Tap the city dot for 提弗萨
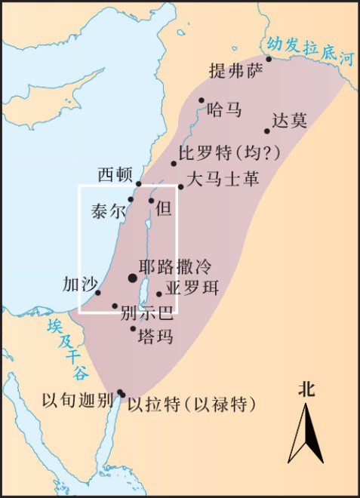tap(269, 59)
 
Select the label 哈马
tap(224, 110)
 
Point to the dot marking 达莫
tap(266, 131)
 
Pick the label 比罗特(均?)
tap(229, 153)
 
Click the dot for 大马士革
tap(180, 186)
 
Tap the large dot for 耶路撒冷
tap(134, 278)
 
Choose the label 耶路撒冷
tap(175, 267)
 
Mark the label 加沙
tap(79, 284)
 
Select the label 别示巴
tap(146, 313)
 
